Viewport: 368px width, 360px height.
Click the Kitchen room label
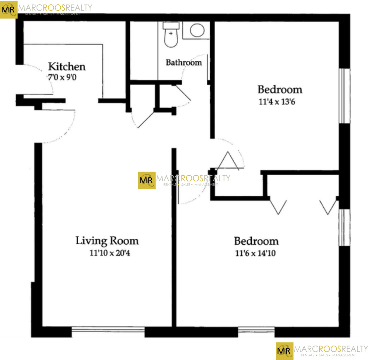click(67, 66)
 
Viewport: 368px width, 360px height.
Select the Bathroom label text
click(184, 62)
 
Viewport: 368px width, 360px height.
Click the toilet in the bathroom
click(171, 35)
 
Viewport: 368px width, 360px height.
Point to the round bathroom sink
click(197, 30)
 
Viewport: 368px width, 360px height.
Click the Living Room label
click(107, 241)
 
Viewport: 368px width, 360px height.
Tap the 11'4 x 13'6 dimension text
click(277, 101)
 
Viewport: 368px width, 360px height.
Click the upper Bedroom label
click(280, 89)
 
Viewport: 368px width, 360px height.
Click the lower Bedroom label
click(256, 241)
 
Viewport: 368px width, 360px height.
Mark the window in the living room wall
click(108, 331)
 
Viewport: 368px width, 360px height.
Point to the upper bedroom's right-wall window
click(345, 96)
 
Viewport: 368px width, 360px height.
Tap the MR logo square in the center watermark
click(146, 180)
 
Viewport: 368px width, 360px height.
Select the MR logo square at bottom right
click(284, 351)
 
